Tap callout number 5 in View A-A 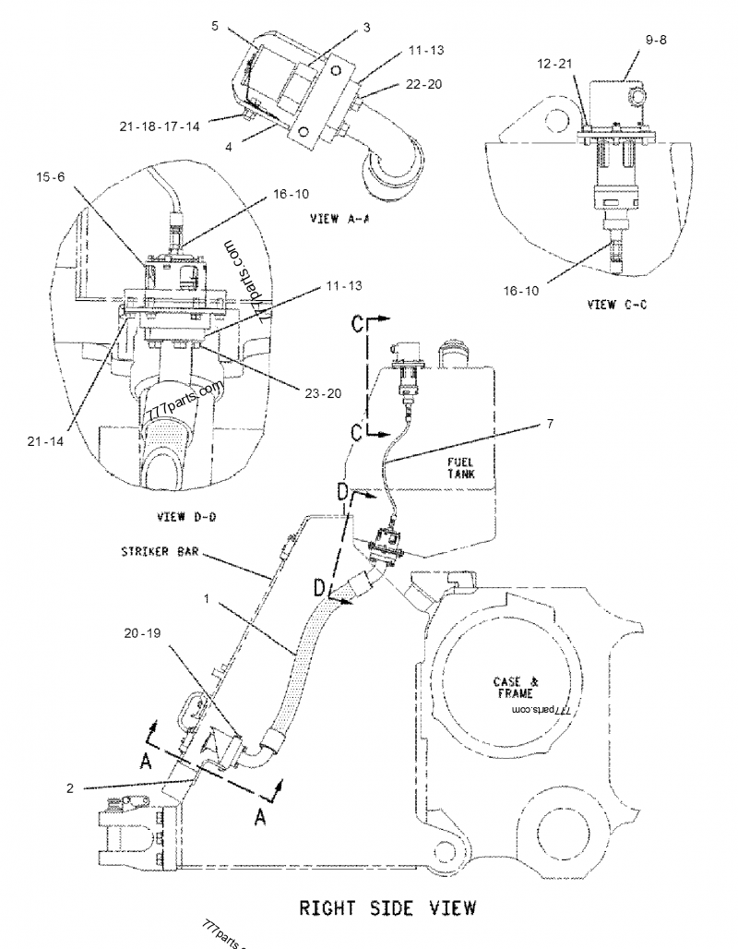coord(214,28)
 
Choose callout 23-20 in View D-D coord(322,391)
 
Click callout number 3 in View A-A coord(366,28)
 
